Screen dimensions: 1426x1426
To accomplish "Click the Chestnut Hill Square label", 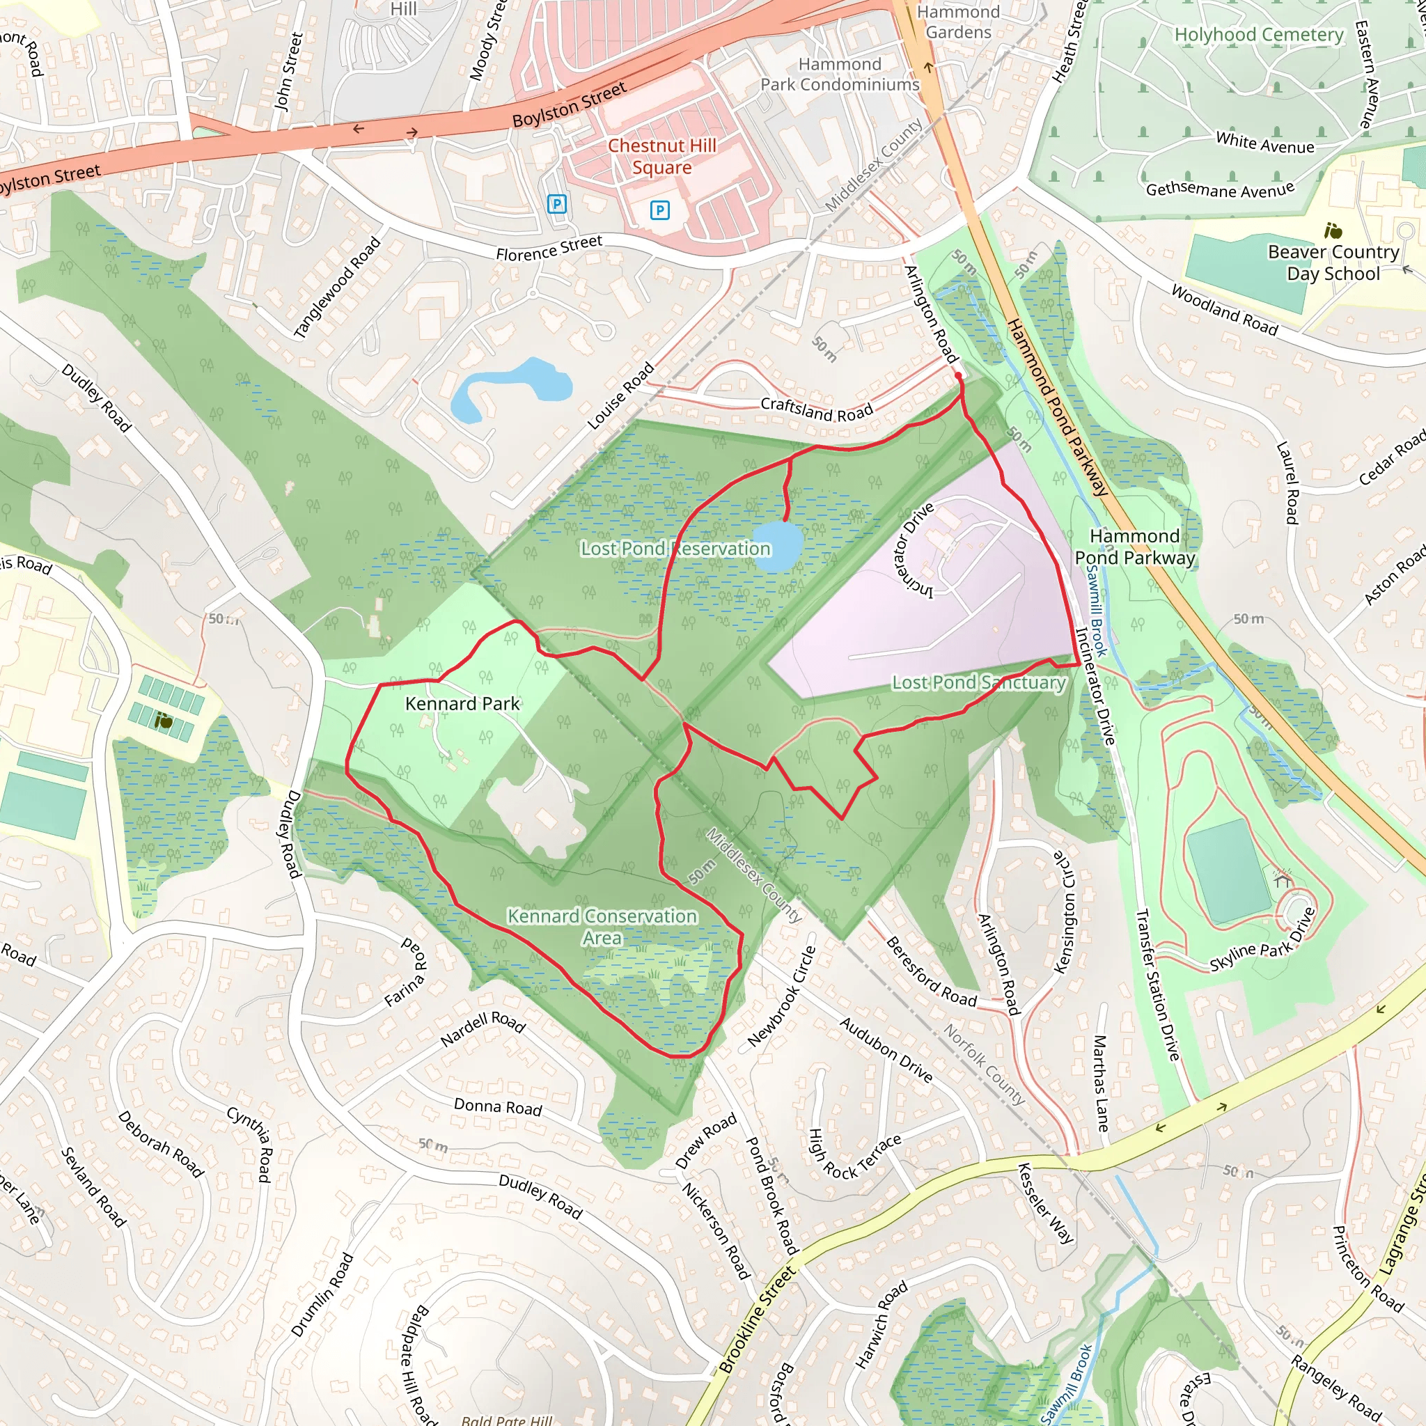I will point(661,157).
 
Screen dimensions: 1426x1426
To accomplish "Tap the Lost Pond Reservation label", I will point(675,549).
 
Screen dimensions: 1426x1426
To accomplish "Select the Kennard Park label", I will point(462,703).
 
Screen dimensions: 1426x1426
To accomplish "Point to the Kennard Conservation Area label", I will point(602,926).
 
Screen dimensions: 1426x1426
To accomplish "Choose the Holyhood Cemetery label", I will point(1258,35).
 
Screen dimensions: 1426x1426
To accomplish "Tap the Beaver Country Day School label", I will point(1333,262).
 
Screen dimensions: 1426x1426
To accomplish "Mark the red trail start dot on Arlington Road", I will point(958,376).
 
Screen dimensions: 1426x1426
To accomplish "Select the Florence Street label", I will point(549,248).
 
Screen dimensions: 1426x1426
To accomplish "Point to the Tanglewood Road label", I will point(336,288).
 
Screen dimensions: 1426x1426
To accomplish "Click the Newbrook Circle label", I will point(782,996).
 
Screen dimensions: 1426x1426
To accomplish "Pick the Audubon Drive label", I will point(886,1049).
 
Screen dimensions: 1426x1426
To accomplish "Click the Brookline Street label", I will point(757,1319).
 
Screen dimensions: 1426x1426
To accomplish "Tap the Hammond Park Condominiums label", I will point(840,75).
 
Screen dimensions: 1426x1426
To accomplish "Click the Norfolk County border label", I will point(984,1064).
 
